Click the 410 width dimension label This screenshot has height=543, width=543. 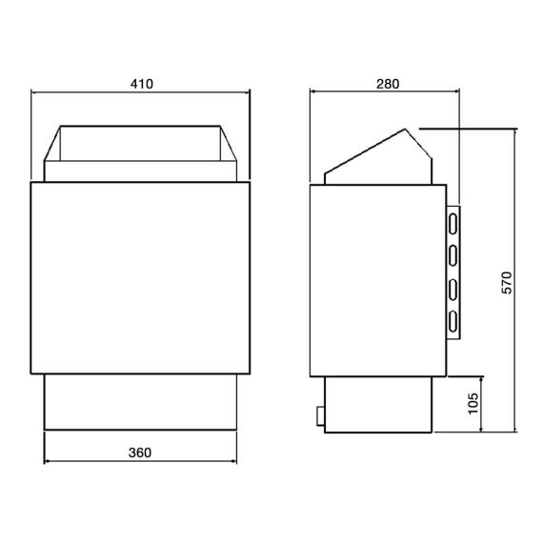[142, 84]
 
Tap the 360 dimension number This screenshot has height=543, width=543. [140, 452]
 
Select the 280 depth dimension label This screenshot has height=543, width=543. [388, 84]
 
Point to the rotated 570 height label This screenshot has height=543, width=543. [507, 283]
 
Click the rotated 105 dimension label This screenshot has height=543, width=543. [473, 404]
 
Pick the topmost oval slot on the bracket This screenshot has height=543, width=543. [452, 224]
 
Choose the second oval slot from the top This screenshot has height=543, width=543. [452, 255]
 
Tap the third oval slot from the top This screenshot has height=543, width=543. [452, 290]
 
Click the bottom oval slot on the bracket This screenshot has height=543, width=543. [452, 322]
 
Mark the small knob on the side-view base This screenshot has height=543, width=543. [321, 415]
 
